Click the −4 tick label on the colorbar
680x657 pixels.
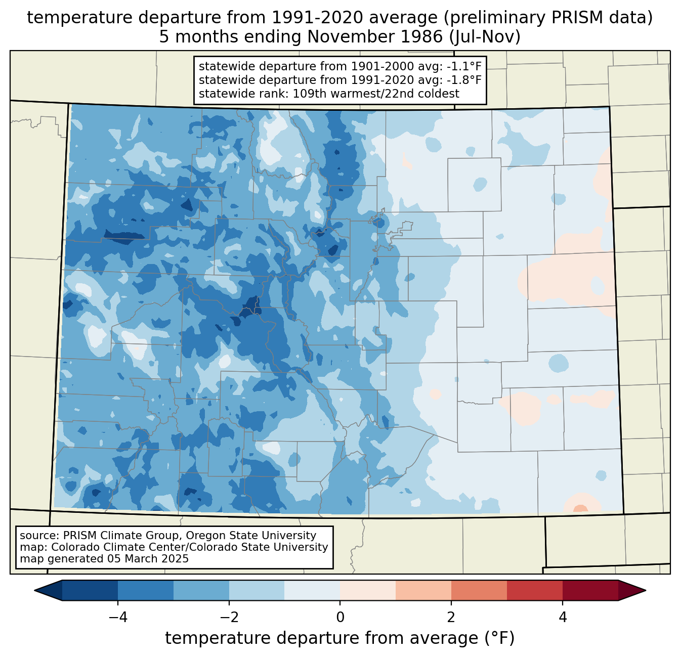[118, 618]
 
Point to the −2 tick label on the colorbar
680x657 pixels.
[229, 618]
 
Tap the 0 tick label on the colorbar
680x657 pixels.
[340, 618]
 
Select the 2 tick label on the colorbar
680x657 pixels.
[451, 618]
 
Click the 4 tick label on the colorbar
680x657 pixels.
[562, 618]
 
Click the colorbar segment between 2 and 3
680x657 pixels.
[479, 591]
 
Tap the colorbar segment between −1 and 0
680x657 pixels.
[312, 591]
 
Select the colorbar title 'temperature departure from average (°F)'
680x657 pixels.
[339, 638]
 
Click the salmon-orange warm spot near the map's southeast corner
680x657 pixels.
[580, 508]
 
